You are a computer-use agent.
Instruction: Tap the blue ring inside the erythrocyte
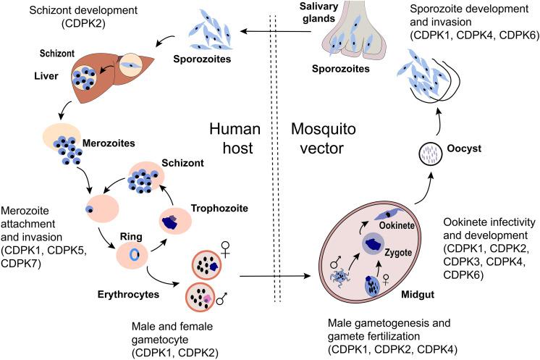(x=135, y=254)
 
